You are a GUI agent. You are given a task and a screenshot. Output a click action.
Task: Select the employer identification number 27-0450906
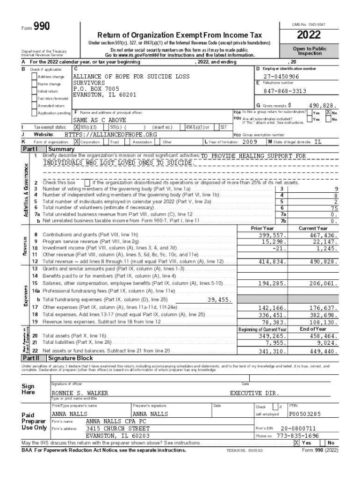pyautogui.click(x=281, y=76)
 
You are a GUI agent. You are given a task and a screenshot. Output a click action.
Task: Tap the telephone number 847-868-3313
pyautogui.click(x=285, y=91)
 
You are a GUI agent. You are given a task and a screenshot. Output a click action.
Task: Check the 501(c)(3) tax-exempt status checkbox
pyautogui.click(x=77, y=127)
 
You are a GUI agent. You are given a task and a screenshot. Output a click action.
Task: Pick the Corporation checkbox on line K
pyautogui.click(x=77, y=141)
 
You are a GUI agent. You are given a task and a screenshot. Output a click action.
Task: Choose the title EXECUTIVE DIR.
pyautogui.click(x=254, y=393)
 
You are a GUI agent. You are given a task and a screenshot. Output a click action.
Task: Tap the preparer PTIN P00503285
pyautogui.click(x=305, y=414)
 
